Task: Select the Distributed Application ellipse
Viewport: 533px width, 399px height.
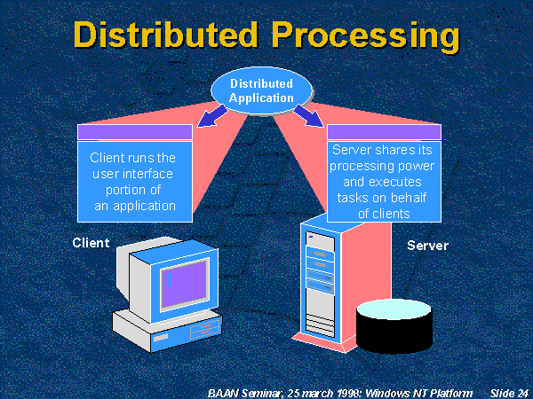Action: [x=261, y=90]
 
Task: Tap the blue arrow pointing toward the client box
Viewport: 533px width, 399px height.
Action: [x=213, y=116]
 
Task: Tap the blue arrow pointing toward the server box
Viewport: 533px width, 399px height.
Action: [x=309, y=116]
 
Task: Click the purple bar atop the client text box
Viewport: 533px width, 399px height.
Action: [x=135, y=133]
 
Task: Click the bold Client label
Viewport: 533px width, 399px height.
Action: [x=91, y=242]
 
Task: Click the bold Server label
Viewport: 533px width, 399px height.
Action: [x=427, y=245]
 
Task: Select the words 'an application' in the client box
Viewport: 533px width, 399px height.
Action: [x=133, y=206]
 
